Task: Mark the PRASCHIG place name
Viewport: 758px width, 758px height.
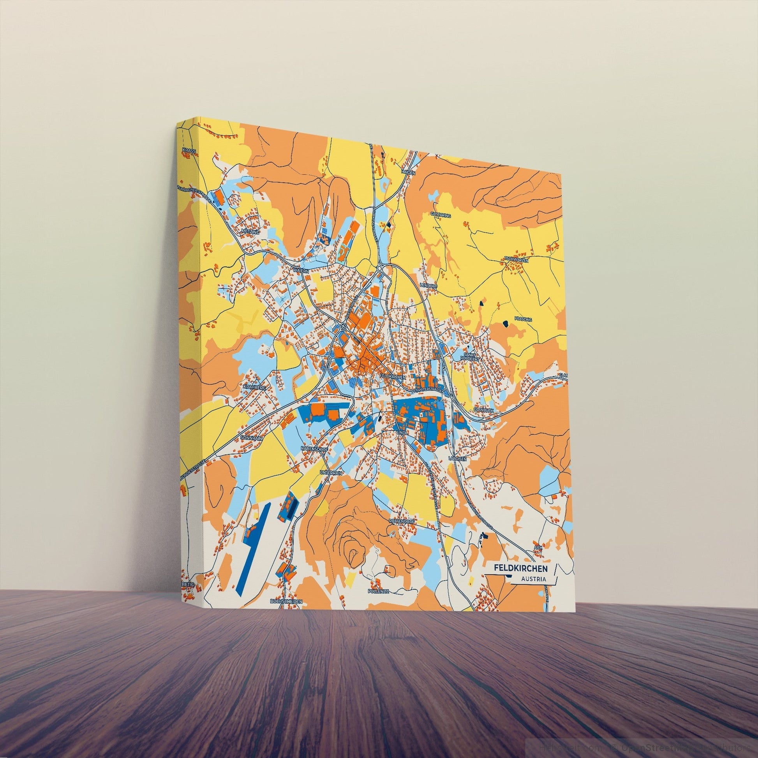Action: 525,320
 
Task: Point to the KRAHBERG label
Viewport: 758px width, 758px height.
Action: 255,387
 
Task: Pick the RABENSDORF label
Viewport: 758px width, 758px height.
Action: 314,448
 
